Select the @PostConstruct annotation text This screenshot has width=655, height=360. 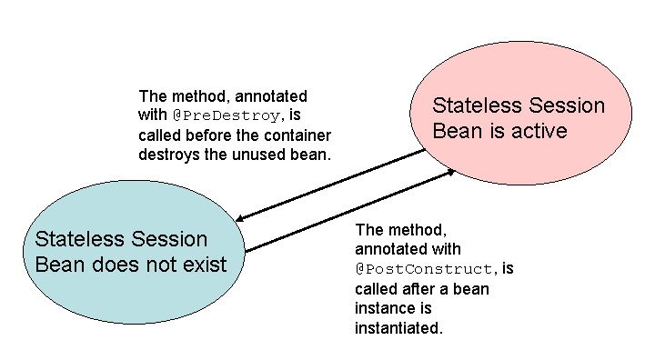point(427,269)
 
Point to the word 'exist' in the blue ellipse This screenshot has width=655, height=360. point(203,265)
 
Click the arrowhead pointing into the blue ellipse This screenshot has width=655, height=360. point(240,219)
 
